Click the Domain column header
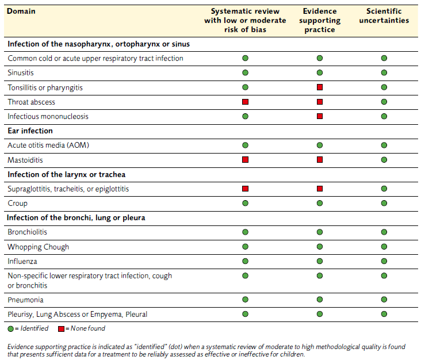pyautogui.click(x=21, y=12)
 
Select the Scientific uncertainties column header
pyautogui.click(x=384, y=16)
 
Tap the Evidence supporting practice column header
pyautogui.click(x=320, y=20)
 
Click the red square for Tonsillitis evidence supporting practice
pyautogui.click(x=320, y=87)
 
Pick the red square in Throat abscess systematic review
pyautogui.click(x=245, y=102)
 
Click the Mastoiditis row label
pyautogui.click(x=25, y=160)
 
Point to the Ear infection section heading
pyautogui.click(x=30, y=131)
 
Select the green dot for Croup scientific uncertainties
pyautogui.click(x=384, y=203)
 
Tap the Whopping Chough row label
pyautogui.click(x=39, y=247)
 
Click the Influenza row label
pyautogui.click(x=22, y=261)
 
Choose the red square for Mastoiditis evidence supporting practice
pyautogui.click(x=320, y=160)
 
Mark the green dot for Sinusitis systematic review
pyautogui.click(x=245, y=73)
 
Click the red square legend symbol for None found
pyautogui.click(x=61, y=329)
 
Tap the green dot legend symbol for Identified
pyautogui.click(x=11, y=329)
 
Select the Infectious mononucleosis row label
pyautogui.click(x=48, y=116)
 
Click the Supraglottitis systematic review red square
pyautogui.click(x=245, y=189)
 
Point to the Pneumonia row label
pyautogui.click(x=25, y=300)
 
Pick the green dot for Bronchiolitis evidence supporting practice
pyautogui.click(x=320, y=232)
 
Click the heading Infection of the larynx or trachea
pyautogui.click(x=66, y=174)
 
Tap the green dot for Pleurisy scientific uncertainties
pyautogui.click(x=384, y=314)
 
